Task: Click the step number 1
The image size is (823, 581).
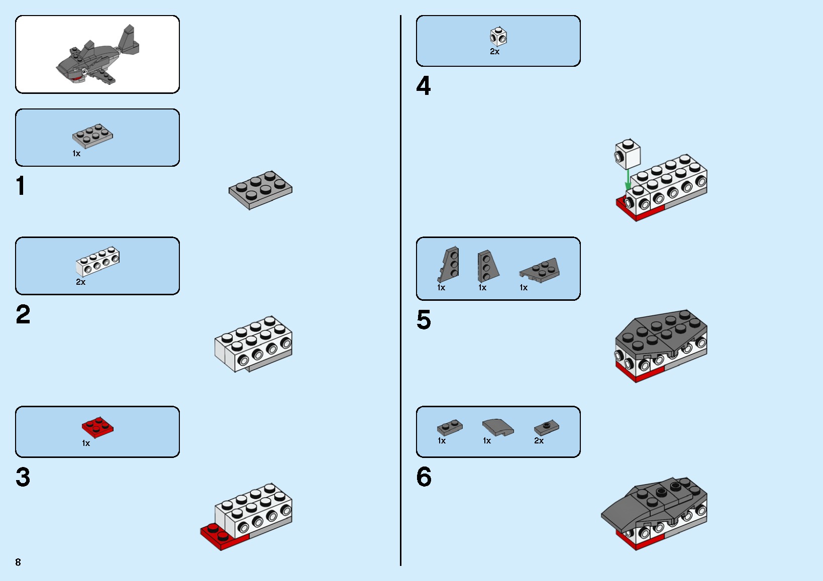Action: (x=21, y=185)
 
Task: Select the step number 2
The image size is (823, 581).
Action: (x=23, y=314)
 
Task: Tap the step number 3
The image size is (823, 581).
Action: (x=23, y=477)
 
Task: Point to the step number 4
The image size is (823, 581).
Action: (x=423, y=85)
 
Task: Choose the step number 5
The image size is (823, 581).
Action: (x=424, y=320)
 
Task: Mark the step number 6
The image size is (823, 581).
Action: (x=424, y=477)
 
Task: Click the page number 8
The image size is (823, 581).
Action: (x=18, y=562)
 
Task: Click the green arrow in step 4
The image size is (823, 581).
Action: (x=628, y=180)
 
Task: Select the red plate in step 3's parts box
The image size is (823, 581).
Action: (x=97, y=427)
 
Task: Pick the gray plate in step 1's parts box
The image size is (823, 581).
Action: (x=92, y=136)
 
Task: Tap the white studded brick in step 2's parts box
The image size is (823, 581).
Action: (x=98, y=261)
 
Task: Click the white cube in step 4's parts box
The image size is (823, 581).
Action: (x=498, y=37)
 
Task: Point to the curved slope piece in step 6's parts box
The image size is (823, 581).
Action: (x=498, y=427)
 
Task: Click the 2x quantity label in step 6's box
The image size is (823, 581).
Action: (x=539, y=441)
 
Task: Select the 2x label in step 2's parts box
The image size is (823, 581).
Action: (x=80, y=282)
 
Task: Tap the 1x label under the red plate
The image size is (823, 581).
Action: (x=85, y=443)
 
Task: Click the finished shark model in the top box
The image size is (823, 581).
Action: (x=98, y=55)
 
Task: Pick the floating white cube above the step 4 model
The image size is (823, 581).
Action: (x=628, y=154)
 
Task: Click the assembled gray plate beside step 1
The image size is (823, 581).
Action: (x=260, y=190)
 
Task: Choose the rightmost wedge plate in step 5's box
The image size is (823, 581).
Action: (x=539, y=270)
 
